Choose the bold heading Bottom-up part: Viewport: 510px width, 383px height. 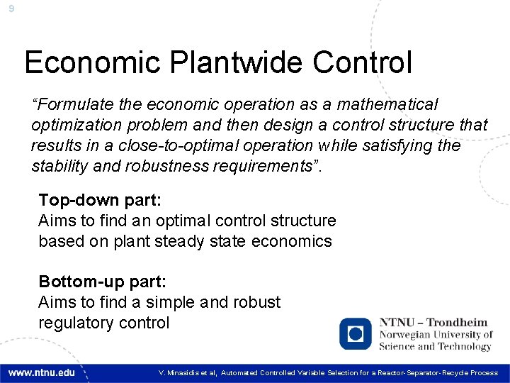pyautogui.click(x=102, y=282)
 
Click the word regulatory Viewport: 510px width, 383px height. pyautogui.click(x=74, y=323)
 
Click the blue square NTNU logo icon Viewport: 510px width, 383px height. pyautogui.click(x=356, y=333)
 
